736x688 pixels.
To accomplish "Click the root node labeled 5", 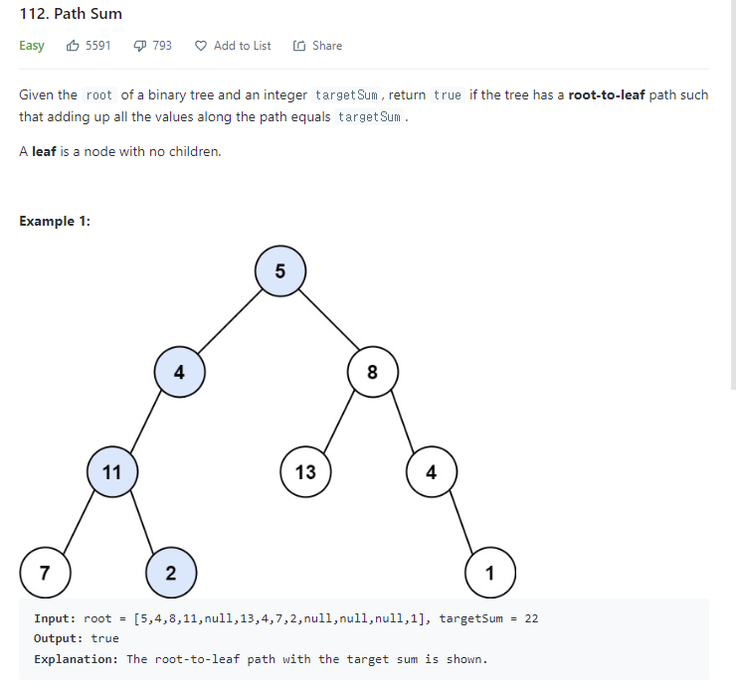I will coord(279,271).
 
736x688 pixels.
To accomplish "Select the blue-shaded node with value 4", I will coord(179,373).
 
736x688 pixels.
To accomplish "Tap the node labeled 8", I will coord(372,373).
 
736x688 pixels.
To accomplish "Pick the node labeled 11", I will coord(111,472).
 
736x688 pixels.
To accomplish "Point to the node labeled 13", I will coord(305,472).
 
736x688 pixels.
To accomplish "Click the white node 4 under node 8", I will coord(431,472).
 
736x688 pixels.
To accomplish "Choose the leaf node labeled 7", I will coord(44,573).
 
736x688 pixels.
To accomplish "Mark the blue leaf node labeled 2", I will coord(171,573).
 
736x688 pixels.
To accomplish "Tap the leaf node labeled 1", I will coord(489,573).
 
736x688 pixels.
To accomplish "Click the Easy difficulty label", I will coord(32,46).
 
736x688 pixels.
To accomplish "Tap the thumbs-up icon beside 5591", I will coord(73,46).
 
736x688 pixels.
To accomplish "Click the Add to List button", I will coord(233,46).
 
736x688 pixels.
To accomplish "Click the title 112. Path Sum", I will coord(71,14).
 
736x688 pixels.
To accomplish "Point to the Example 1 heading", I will coord(55,221).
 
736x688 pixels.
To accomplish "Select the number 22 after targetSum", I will coord(531,618).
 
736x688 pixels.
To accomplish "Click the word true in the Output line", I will coord(104,638).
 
